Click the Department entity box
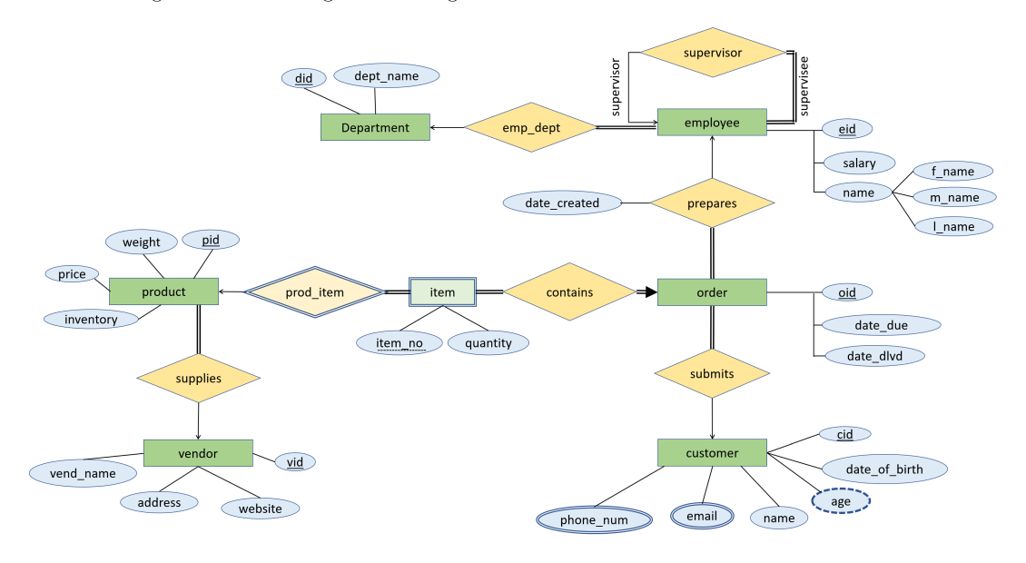click(375, 128)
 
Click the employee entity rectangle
click(711, 123)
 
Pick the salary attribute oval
click(858, 163)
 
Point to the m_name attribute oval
click(953, 197)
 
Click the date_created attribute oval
click(562, 203)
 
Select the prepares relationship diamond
click(711, 203)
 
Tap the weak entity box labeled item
click(442, 292)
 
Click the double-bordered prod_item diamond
click(315, 292)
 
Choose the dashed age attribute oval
click(839, 500)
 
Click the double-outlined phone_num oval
click(594, 519)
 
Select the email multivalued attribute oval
click(701, 516)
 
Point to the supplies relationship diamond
click(198, 378)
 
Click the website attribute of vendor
click(260, 509)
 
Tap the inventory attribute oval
click(90, 319)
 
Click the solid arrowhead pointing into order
click(649, 292)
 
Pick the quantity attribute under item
click(488, 343)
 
